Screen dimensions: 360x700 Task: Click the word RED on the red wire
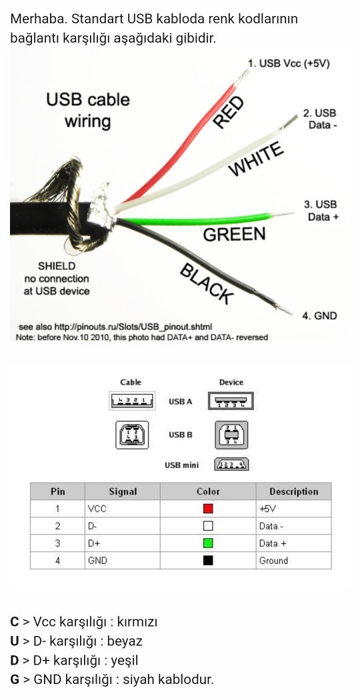[229, 112]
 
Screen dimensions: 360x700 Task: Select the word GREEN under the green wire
[234, 235]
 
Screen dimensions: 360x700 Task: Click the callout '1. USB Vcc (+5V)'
[289, 63]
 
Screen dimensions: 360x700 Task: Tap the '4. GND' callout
[320, 316]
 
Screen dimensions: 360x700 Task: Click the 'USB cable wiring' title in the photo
[88, 110]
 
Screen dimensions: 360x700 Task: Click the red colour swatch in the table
[208, 509]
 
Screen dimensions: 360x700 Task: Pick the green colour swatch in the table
[208, 543]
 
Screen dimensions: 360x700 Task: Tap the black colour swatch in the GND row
[208, 560]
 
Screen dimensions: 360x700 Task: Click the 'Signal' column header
[123, 491]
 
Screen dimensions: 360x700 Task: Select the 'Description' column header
[293, 491]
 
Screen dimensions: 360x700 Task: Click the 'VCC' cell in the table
[97, 509]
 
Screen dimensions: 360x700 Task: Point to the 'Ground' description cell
[273, 561]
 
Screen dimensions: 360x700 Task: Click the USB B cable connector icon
[132, 435]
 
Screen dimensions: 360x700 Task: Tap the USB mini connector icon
[232, 465]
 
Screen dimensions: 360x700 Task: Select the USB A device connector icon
[231, 401]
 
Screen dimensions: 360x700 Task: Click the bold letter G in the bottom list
[15, 680]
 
